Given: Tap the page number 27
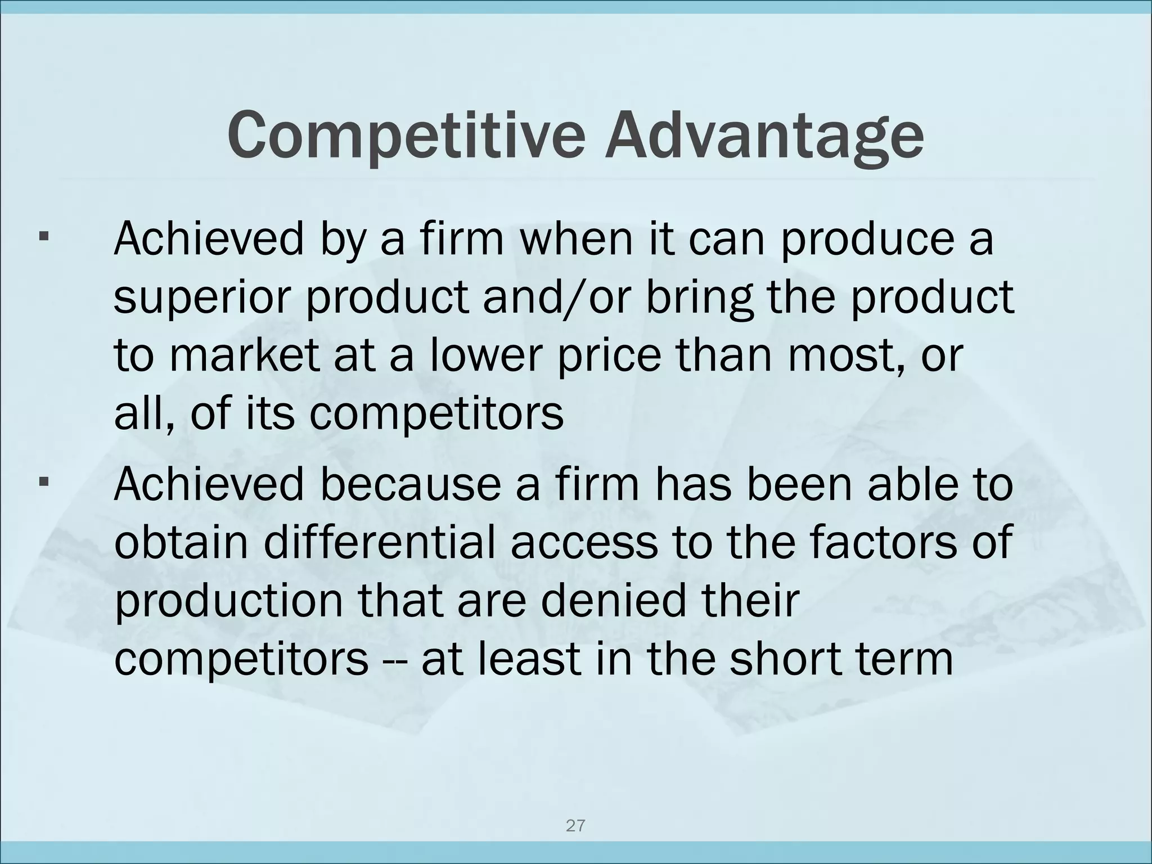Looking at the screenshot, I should (575, 826).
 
